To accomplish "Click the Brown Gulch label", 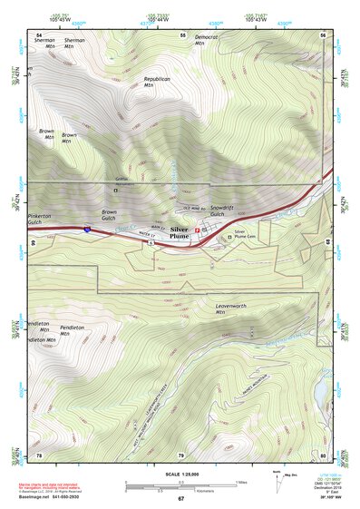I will [x=109, y=215].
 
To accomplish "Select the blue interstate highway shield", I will [x=85, y=232].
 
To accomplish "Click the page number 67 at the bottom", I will [x=180, y=498].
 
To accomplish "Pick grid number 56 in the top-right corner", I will [x=324, y=34].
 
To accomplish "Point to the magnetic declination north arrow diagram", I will [x=277, y=478].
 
